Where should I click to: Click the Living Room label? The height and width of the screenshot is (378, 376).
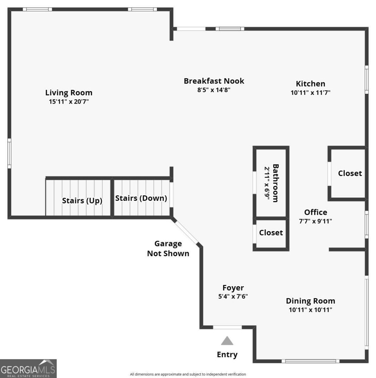click(x=69, y=93)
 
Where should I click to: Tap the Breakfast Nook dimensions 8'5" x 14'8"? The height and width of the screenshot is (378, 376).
click(x=214, y=90)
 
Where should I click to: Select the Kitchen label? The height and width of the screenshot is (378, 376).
click(x=310, y=84)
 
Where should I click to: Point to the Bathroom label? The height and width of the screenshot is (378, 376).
click(x=276, y=183)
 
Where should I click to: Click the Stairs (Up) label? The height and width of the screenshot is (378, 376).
click(x=82, y=201)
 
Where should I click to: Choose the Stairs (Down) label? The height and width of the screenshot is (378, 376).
click(x=141, y=198)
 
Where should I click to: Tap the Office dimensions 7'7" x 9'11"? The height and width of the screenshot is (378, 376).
click(x=315, y=221)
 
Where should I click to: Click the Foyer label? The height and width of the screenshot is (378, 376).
click(x=233, y=288)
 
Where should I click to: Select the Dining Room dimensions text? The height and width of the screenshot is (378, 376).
click(x=310, y=310)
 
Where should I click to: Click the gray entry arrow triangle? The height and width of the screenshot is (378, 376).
click(x=227, y=341)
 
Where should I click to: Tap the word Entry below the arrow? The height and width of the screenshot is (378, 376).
click(x=227, y=355)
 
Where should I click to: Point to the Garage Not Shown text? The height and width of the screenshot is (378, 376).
click(x=168, y=249)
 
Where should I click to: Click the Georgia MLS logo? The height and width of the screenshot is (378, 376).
click(x=28, y=368)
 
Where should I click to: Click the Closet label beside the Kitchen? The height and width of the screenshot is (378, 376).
click(x=350, y=173)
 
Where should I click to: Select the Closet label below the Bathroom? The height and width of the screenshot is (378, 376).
click(x=271, y=233)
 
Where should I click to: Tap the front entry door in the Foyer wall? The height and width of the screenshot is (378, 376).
click(x=227, y=327)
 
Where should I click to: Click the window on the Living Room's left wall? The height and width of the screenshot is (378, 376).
click(x=9, y=153)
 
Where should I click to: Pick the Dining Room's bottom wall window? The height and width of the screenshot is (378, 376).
click(x=310, y=361)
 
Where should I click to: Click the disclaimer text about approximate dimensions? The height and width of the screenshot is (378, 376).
click(x=188, y=374)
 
